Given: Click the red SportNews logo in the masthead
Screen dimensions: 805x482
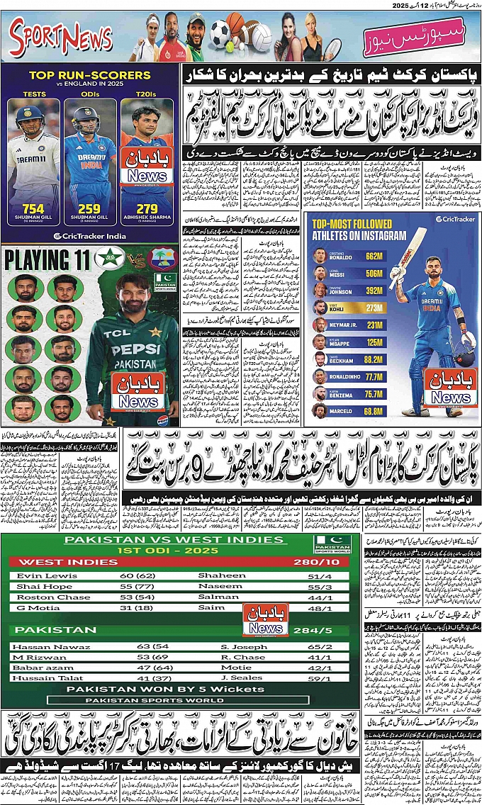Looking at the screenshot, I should click(61, 38).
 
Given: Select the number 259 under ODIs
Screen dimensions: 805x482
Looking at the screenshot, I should click(89, 208).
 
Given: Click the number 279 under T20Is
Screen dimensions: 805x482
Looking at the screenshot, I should click(146, 208).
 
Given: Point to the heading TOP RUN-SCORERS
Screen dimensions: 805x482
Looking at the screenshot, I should click(89, 75).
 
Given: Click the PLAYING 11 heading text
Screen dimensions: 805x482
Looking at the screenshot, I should click(47, 259).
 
